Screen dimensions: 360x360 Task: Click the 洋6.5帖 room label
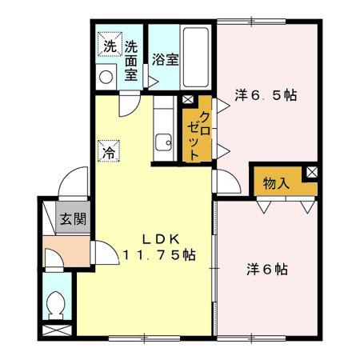tap(266, 95)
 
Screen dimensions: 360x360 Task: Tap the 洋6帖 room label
tap(266, 270)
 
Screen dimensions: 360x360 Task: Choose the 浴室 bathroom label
tap(165, 59)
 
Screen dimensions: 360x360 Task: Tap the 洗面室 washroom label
tap(131, 60)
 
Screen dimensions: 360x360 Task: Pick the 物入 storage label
tap(276, 183)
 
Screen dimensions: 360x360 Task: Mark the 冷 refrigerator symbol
tap(106, 150)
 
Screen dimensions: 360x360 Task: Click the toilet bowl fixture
tap(56, 305)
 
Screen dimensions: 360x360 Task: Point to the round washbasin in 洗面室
tap(106, 76)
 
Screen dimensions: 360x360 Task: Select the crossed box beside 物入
tap(311, 172)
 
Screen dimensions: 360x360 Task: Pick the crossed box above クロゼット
tap(188, 100)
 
